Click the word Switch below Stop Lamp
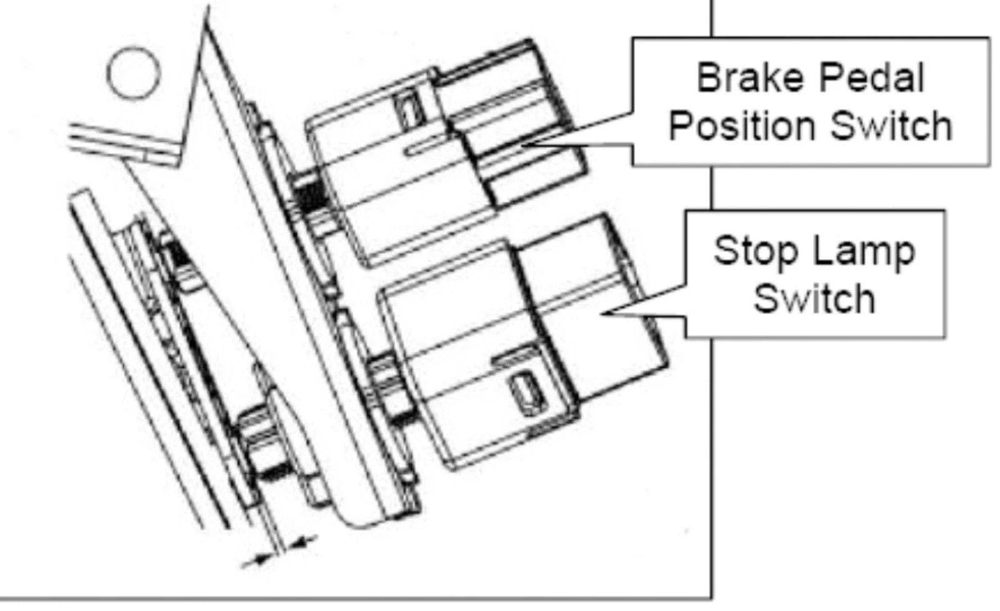click(814, 299)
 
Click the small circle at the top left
click(133, 73)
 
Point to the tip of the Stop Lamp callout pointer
click(603, 312)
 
